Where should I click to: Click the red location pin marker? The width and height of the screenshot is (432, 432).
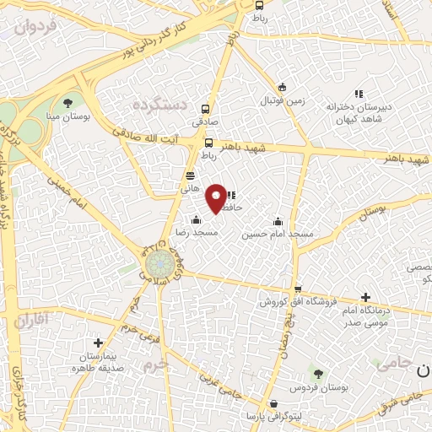(217, 197)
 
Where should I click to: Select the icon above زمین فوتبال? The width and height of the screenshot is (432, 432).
(283, 86)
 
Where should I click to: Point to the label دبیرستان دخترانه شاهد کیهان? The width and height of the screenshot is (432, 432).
(360, 112)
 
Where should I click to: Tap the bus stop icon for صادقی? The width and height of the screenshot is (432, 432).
(205, 109)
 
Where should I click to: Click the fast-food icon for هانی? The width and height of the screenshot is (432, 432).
(191, 175)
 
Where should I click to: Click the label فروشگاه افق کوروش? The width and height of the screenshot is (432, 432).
(291, 301)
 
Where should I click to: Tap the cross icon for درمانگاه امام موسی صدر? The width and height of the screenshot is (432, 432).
(365, 297)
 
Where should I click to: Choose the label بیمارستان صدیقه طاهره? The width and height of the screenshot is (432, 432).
(99, 363)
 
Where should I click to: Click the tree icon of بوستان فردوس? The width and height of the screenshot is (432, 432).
(317, 374)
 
